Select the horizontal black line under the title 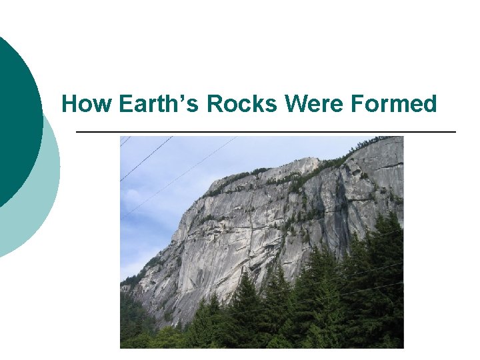pos(267,132)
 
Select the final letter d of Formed pos(429,105)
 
